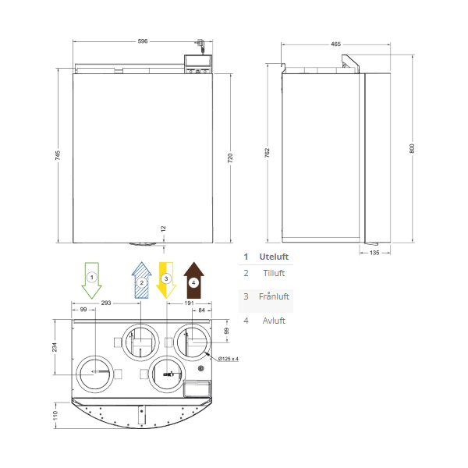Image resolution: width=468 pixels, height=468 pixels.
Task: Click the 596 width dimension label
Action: [143, 41]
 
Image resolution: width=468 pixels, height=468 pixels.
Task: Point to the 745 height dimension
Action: [58, 155]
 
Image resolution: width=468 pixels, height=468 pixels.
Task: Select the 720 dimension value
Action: [230, 158]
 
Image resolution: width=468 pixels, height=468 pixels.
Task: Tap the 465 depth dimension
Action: [335, 44]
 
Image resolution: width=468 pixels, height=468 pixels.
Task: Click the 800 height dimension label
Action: [412, 148]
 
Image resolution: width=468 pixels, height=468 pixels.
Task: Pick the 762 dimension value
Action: [267, 153]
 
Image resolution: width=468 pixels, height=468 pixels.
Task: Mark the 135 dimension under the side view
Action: [374, 253]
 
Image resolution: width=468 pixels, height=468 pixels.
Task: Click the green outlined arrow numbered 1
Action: [91, 281]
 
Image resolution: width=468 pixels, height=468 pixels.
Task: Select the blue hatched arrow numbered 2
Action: [142, 280]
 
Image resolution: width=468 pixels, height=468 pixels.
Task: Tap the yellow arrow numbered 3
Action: [166, 281]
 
